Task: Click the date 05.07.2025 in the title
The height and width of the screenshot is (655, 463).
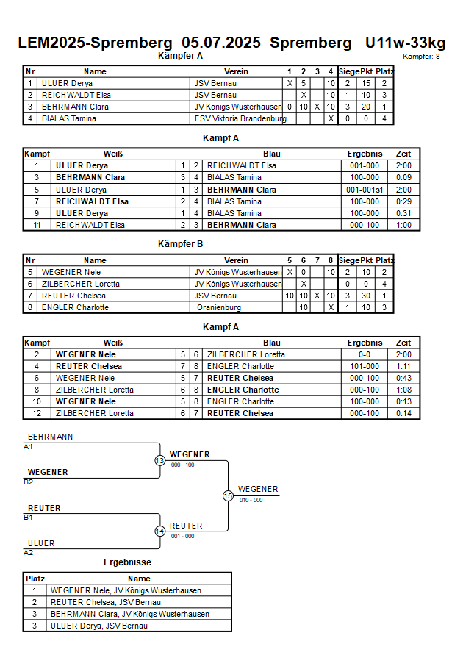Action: (221, 43)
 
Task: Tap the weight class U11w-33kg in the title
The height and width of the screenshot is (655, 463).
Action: (406, 43)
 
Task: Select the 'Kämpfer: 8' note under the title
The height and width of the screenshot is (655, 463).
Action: (421, 57)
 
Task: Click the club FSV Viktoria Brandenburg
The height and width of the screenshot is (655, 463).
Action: (240, 118)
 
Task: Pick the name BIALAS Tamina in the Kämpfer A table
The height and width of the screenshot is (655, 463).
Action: (69, 118)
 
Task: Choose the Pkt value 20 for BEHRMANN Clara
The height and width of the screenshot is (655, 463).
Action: (366, 107)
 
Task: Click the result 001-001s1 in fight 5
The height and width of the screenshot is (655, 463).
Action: (365, 190)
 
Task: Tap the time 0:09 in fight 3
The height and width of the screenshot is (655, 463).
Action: (403, 178)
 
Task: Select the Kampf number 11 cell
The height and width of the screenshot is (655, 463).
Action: (37, 225)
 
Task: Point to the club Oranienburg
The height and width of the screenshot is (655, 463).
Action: (219, 308)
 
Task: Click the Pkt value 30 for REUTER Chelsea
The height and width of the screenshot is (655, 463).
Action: (366, 296)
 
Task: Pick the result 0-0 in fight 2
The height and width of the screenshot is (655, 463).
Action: (365, 354)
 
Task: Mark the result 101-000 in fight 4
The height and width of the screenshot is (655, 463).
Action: (365, 366)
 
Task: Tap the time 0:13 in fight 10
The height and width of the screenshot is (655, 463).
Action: (403, 401)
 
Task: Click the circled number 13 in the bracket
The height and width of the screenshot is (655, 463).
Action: (160, 460)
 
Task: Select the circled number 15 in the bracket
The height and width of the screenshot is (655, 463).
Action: (228, 496)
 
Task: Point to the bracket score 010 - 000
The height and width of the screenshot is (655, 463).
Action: (251, 500)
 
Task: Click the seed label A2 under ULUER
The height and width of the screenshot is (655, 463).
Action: (29, 553)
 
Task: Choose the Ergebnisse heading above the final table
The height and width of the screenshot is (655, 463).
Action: (127, 562)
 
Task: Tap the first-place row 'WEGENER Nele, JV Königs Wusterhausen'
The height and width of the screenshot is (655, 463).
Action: (126, 590)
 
